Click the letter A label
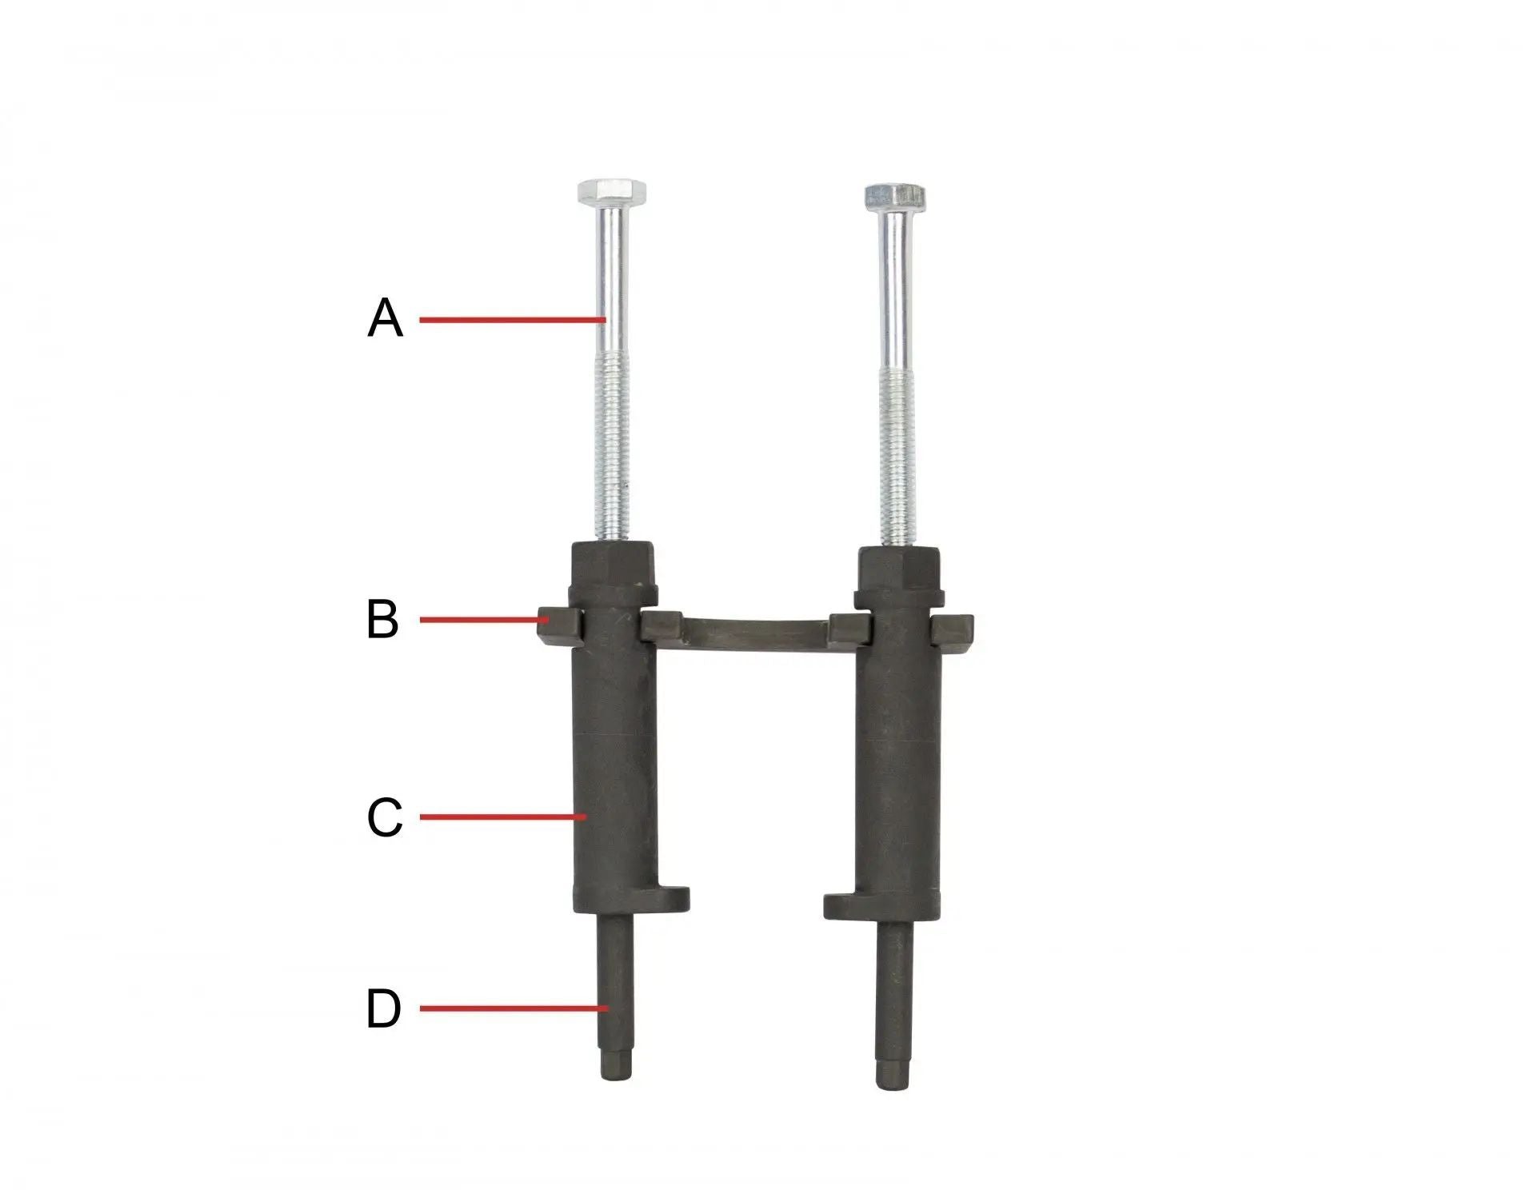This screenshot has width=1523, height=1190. tap(385, 318)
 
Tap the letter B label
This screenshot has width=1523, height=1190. tap(382, 619)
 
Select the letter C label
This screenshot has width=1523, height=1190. tap(384, 818)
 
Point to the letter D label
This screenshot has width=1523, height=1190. tap(383, 1008)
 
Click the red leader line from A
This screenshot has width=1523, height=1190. tap(512, 320)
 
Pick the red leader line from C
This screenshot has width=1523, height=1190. tap(503, 817)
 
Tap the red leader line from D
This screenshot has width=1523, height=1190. tap(514, 1008)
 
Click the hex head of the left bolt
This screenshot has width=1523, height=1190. tap(613, 192)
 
